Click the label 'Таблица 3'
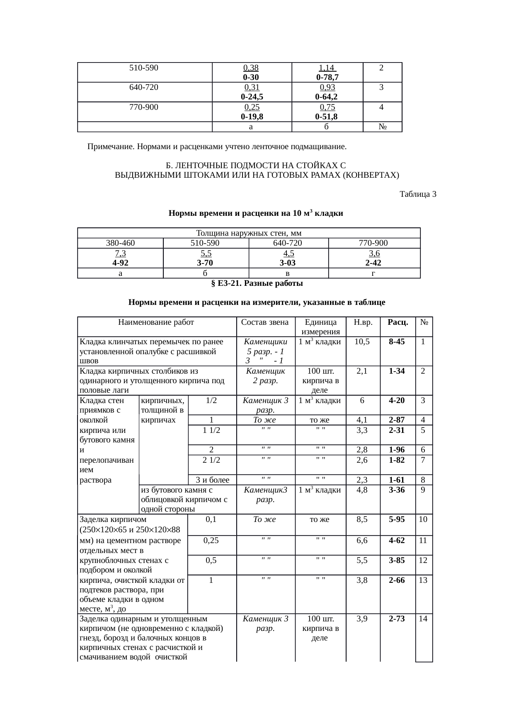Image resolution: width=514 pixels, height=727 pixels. (417, 194)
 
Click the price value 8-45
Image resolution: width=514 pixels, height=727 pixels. (398, 342)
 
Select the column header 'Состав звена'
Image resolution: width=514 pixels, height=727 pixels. (265, 322)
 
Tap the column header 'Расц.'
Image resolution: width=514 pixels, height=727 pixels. (398, 322)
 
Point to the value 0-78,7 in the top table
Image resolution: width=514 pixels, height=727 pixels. (327, 77)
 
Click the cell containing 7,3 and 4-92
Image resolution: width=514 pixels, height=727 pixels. (120, 258)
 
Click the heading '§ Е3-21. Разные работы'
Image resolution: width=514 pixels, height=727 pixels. (257, 283)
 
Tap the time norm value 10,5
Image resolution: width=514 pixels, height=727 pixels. (362, 342)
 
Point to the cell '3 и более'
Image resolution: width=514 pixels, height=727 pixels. (212, 480)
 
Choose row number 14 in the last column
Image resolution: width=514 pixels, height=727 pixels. (423, 619)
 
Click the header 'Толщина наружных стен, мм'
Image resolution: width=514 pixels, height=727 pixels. (249, 233)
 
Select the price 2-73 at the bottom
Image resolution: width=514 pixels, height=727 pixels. (398, 619)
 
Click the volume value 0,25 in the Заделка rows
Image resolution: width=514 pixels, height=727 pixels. (211, 540)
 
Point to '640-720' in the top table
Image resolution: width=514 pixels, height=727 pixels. (144, 87)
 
